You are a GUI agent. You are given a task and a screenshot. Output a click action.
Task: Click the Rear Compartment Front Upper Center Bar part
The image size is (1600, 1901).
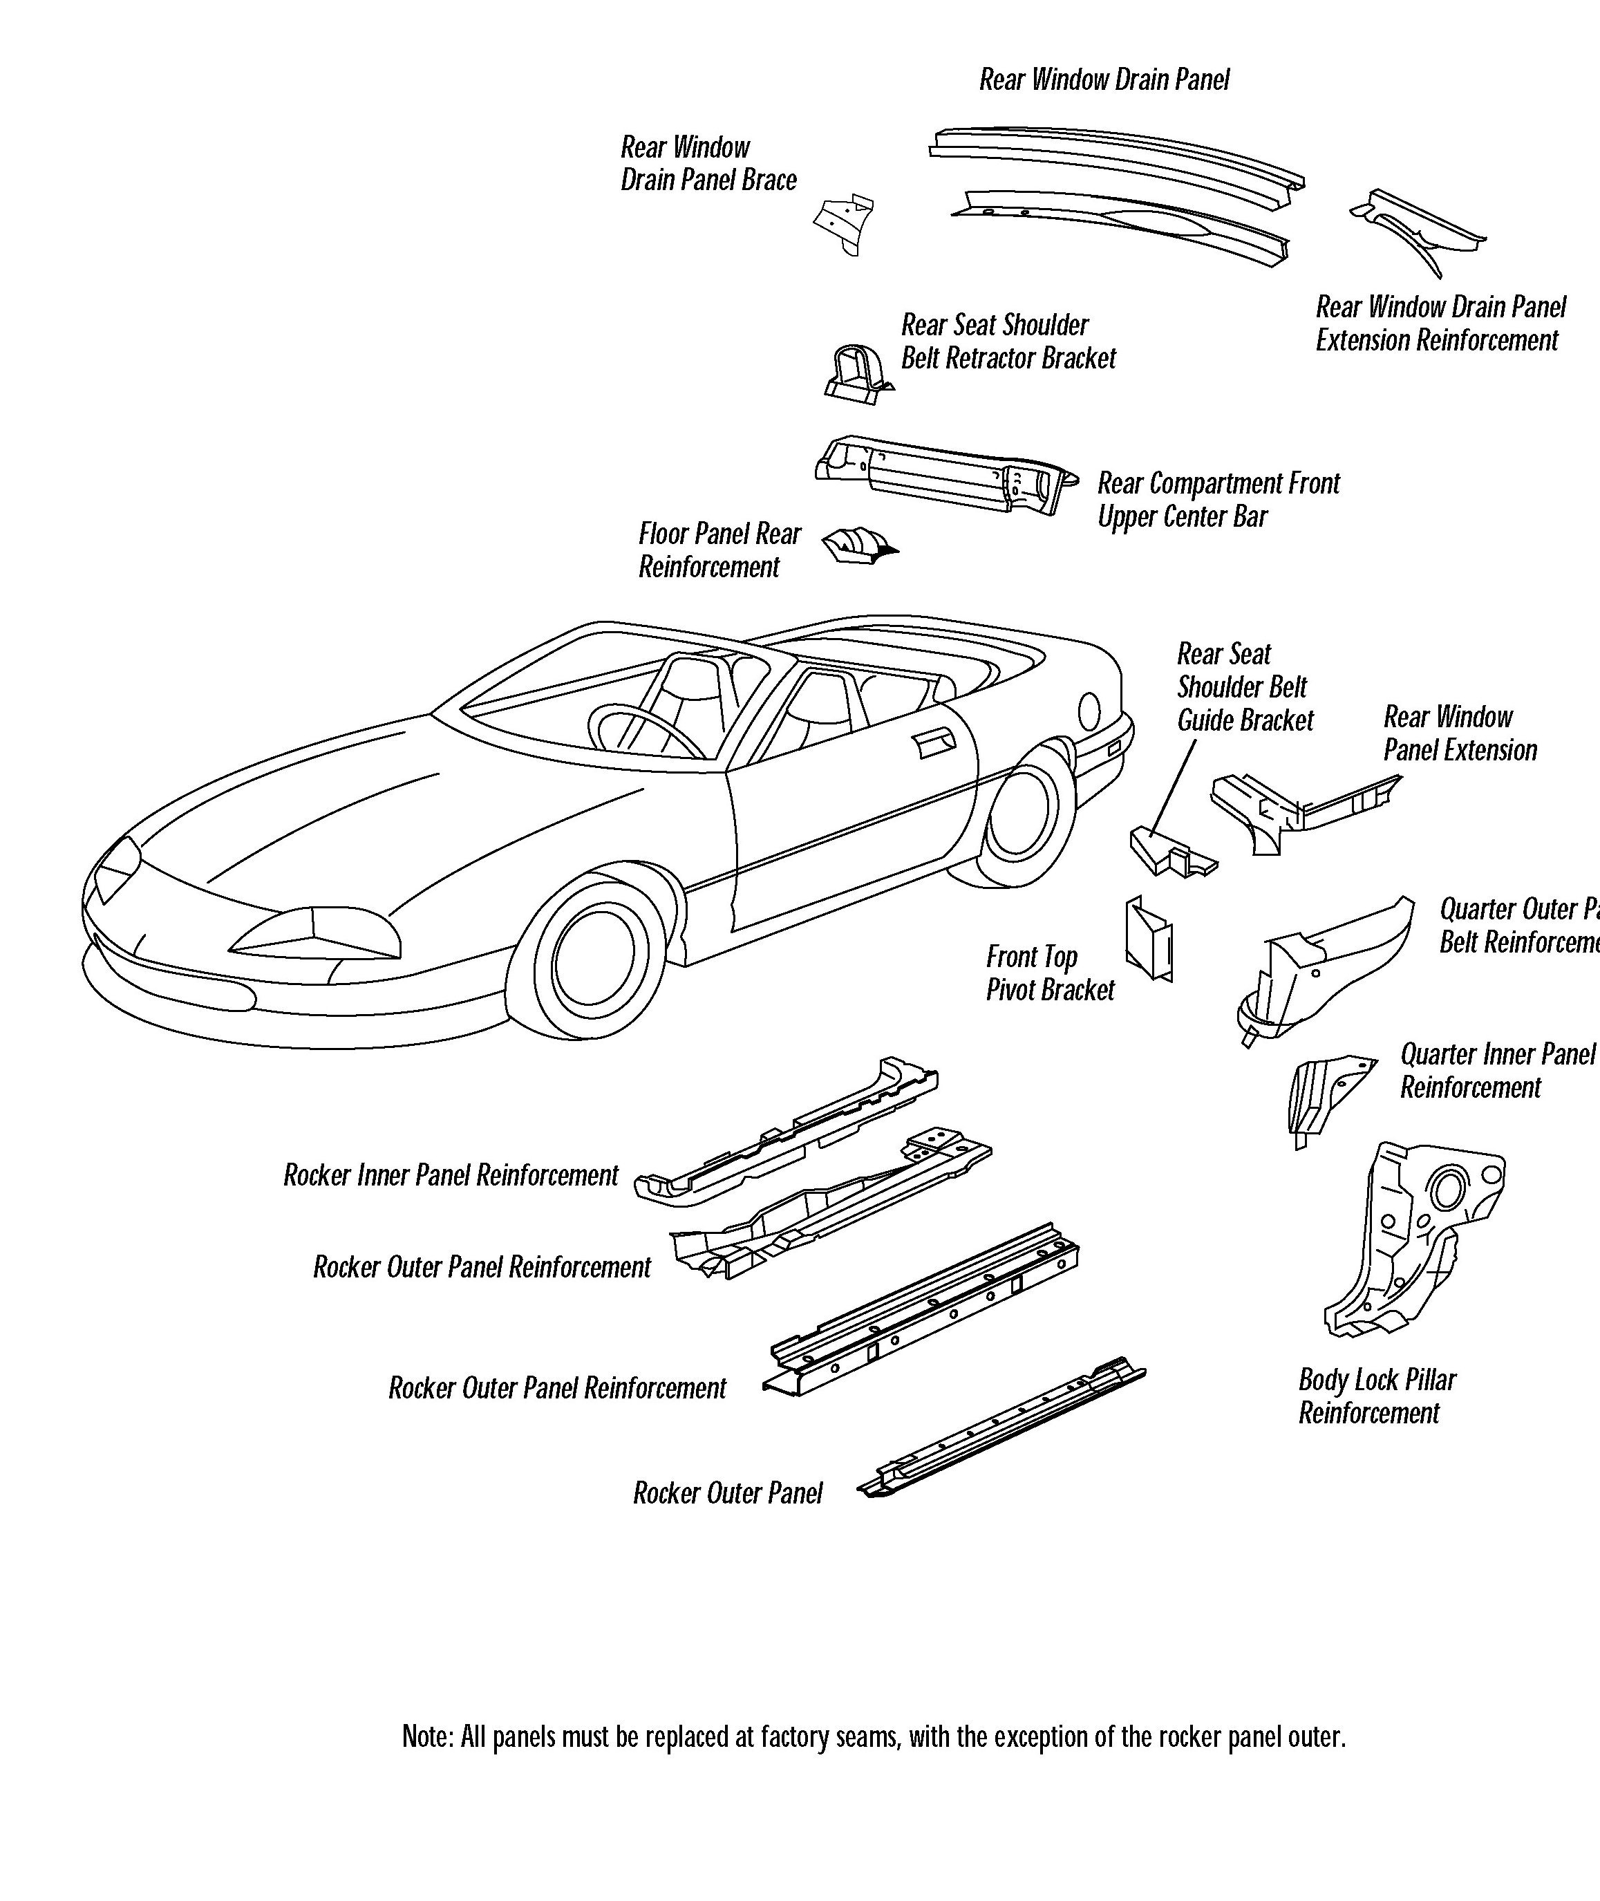943,476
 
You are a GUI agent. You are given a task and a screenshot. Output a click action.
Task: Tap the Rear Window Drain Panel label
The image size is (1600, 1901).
1104,79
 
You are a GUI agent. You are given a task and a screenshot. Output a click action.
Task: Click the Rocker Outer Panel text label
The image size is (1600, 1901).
728,1494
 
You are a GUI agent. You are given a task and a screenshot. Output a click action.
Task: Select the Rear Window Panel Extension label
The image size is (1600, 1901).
1460,733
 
